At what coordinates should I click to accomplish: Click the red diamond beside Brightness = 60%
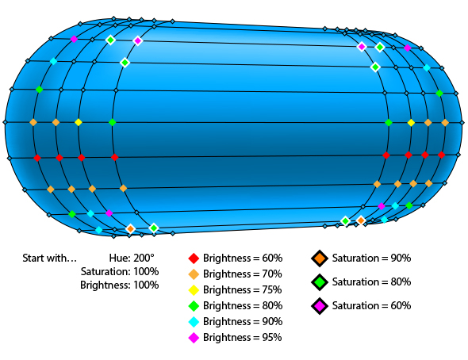[194, 259]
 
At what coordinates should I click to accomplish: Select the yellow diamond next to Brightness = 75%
[194, 290]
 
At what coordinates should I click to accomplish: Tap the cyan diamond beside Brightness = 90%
[194, 322]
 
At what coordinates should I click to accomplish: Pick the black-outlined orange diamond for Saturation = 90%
[320, 259]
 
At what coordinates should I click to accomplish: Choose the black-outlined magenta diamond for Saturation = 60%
[320, 306]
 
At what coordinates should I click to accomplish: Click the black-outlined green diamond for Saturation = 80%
[320, 282]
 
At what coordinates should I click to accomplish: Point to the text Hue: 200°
[132, 258]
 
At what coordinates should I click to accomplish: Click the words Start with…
[49, 258]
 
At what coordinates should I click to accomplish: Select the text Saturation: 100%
[120, 272]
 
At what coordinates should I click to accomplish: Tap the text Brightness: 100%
[120, 285]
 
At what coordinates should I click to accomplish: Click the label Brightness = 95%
[243, 338]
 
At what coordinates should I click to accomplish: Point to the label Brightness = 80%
[243, 306]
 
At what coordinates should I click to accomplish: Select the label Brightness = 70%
[243, 274]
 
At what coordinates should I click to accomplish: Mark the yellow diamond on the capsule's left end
[79, 122]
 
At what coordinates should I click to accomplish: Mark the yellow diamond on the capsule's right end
[411, 123]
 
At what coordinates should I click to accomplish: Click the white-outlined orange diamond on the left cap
[130, 228]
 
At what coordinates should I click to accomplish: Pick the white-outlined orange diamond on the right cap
[361, 220]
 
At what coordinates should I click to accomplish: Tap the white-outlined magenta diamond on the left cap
[137, 40]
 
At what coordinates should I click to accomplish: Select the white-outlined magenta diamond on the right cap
[362, 47]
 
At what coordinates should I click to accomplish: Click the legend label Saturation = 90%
[371, 259]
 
